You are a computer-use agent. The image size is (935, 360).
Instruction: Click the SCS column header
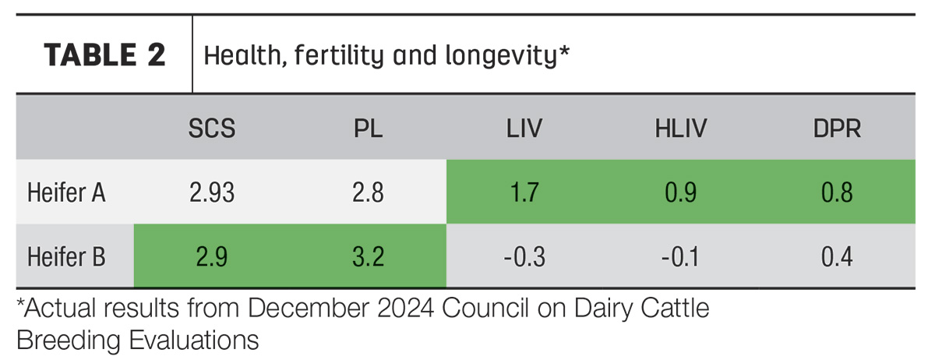(x=212, y=129)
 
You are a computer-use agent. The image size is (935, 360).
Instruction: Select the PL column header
(x=368, y=129)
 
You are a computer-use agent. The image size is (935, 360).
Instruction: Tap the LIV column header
(x=524, y=129)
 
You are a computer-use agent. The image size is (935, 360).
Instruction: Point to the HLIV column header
(x=681, y=129)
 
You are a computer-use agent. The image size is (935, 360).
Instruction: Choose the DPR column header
(x=837, y=129)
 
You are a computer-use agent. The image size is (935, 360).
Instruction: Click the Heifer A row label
(x=66, y=192)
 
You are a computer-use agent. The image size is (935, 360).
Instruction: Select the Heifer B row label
(x=66, y=256)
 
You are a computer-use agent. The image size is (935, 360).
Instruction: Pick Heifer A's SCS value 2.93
(x=212, y=192)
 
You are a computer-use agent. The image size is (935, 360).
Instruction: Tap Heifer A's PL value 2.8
(x=368, y=192)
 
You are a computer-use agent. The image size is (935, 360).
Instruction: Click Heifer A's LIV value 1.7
(x=524, y=192)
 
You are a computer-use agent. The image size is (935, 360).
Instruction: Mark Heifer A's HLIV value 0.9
(x=681, y=192)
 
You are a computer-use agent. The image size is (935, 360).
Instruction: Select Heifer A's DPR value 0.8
(x=837, y=192)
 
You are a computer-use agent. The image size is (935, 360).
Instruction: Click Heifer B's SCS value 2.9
(x=212, y=256)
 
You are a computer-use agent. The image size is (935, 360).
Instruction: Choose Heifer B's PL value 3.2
(x=368, y=256)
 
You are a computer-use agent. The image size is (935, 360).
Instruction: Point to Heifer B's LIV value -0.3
(x=524, y=256)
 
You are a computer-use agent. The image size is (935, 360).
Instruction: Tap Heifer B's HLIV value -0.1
(x=680, y=256)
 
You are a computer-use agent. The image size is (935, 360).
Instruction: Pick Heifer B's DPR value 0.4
(x=837, y=256)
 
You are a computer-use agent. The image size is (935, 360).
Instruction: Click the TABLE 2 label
(x=104, y=55)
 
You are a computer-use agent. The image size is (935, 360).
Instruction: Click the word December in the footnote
(x=308, y=309)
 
